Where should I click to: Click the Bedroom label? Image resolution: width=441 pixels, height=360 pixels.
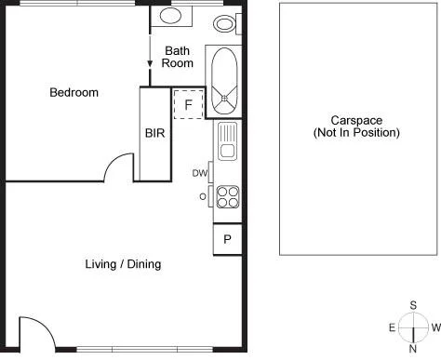tap(73, 92)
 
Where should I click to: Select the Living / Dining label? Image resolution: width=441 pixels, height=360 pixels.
tap(123, 264)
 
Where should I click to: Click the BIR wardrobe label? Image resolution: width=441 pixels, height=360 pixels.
tap(154, 133)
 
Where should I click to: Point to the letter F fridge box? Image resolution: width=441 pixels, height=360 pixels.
tap(188, 104)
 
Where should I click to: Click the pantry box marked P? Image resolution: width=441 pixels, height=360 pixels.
tap(227, 240)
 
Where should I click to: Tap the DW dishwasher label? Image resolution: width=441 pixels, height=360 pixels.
tap(199, 173)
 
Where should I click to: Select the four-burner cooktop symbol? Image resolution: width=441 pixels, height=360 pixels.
tap(228, 196)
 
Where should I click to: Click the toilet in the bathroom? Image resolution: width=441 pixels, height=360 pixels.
tap(225, 22)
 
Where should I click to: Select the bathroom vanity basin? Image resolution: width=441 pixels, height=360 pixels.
tap(171, 16)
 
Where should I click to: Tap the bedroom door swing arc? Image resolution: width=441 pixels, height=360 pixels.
tap(119, 167)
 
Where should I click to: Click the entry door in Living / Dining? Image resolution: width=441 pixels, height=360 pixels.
tap(32, 332)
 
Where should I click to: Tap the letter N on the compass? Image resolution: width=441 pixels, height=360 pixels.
tap(412, 349)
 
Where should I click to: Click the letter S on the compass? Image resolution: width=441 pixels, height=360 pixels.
tap(412, 305)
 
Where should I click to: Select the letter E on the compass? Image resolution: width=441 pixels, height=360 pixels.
tap(391, 327)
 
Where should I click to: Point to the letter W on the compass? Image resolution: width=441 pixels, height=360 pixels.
tap(434, 327)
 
